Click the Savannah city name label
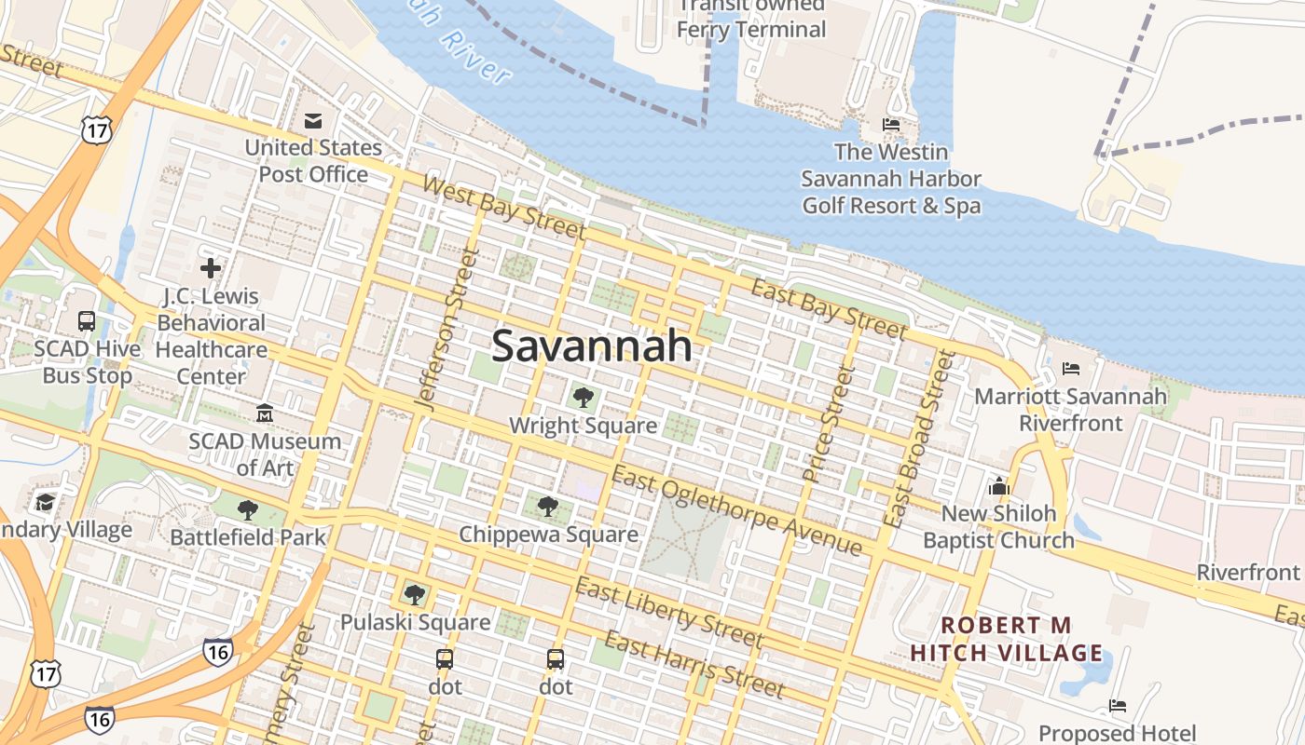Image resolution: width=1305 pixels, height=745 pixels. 592,345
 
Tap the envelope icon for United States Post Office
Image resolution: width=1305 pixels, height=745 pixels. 313,121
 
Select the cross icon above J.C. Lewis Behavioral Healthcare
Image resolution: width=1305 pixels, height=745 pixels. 211,268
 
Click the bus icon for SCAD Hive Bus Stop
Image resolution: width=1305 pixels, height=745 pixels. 87,321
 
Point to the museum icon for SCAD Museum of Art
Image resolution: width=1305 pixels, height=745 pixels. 265,413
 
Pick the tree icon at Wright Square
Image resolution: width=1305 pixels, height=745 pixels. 584,398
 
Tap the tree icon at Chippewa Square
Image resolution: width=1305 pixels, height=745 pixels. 548,507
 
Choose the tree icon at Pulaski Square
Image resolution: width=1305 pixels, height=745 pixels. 415,594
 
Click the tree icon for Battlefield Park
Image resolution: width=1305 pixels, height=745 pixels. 248,509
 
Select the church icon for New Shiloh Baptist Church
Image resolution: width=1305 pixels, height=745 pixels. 999,485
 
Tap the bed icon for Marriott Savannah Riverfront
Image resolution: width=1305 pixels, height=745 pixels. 1071,369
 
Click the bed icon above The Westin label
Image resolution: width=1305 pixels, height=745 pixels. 891,124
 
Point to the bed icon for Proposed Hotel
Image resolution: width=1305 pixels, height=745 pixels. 1118,706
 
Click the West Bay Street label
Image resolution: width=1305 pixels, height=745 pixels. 503,207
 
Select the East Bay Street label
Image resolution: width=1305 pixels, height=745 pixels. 829,307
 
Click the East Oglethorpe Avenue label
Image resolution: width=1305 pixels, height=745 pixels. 736,510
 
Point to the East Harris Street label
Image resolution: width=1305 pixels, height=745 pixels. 694,665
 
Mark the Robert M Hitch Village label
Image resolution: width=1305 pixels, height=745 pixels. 1007,639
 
